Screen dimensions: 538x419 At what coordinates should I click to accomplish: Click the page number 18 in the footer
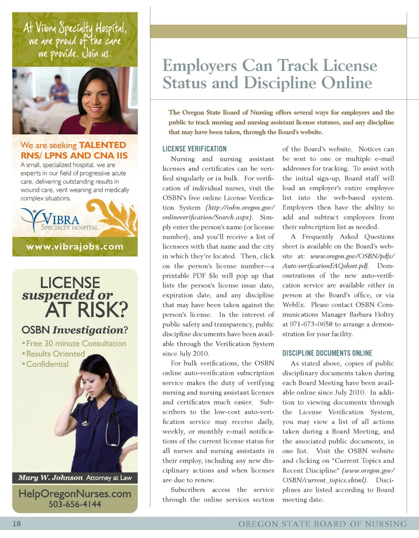tap(17, 524)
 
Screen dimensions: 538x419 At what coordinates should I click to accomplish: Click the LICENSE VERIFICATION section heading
tap(194, 149)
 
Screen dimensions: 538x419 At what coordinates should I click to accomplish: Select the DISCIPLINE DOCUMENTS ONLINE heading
tap(327, 353)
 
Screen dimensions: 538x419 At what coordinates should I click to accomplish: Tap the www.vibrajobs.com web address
tap(75, 247)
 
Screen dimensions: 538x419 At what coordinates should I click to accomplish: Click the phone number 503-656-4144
tap(75, 504)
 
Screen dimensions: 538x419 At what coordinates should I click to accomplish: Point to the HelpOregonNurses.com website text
tap(75, 493)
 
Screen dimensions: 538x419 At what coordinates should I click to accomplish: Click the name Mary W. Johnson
tap(50, 478)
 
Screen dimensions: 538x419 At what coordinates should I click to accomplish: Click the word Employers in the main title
tap(199, 65)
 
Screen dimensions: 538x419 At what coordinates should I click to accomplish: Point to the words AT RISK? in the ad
tap(86, 310)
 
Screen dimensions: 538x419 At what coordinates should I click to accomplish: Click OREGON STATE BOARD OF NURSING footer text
tap(322, 524)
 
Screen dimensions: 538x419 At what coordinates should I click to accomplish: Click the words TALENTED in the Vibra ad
tap(102, 145)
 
